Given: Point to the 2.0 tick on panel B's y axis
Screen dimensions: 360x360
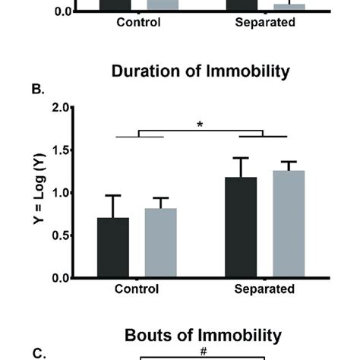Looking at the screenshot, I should [60, 107].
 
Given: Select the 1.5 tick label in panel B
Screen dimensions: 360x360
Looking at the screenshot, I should [60, 150].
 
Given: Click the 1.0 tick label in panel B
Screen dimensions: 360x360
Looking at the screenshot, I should [60, 193].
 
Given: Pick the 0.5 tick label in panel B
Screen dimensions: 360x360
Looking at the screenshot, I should [60, 235].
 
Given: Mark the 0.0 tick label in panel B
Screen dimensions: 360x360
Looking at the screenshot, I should [60, 278].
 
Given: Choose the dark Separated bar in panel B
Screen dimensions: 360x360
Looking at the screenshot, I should [242, 227].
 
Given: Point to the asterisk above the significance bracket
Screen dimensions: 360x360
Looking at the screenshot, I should [201, 125].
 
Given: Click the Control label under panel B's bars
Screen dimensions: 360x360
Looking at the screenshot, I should [137, 289].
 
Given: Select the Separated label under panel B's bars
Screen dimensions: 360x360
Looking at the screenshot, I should [264, 289].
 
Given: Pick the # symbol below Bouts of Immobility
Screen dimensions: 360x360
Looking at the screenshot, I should [203, 350].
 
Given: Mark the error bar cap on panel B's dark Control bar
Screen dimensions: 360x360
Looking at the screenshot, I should [113, 195].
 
